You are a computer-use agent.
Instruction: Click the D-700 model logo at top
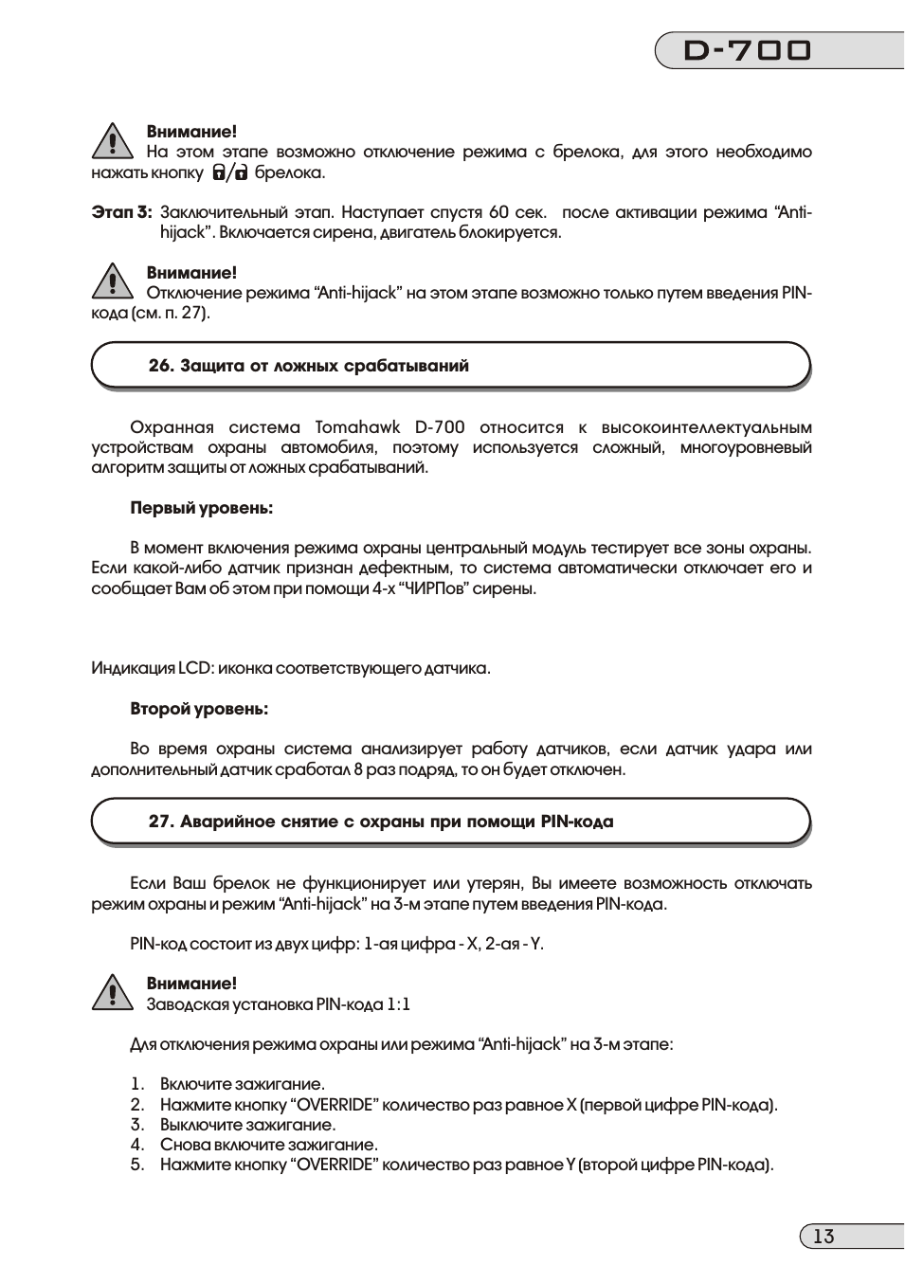pos(748,50)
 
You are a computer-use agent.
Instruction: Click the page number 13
pos(824,1236)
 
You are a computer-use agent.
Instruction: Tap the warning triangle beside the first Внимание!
pos(112,141)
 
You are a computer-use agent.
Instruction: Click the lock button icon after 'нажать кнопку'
pos(230,172)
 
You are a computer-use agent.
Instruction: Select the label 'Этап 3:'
pos(120,212)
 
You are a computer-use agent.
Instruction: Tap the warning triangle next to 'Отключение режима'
pos(112,281)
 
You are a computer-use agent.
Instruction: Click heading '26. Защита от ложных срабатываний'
pos(308,366)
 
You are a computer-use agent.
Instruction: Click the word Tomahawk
pos(357,427)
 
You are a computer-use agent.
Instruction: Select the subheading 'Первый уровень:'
pos(201,508)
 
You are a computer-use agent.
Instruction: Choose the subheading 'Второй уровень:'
pos(199,709)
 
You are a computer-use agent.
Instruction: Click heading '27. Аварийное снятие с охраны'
pos(380,822)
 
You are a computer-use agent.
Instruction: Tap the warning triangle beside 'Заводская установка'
pos(112,992)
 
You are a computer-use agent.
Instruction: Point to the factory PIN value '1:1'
pos(398,1004)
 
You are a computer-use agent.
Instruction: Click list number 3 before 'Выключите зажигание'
pos(137,1125)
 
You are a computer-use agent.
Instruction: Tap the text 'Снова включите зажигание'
pos(268,1145)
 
